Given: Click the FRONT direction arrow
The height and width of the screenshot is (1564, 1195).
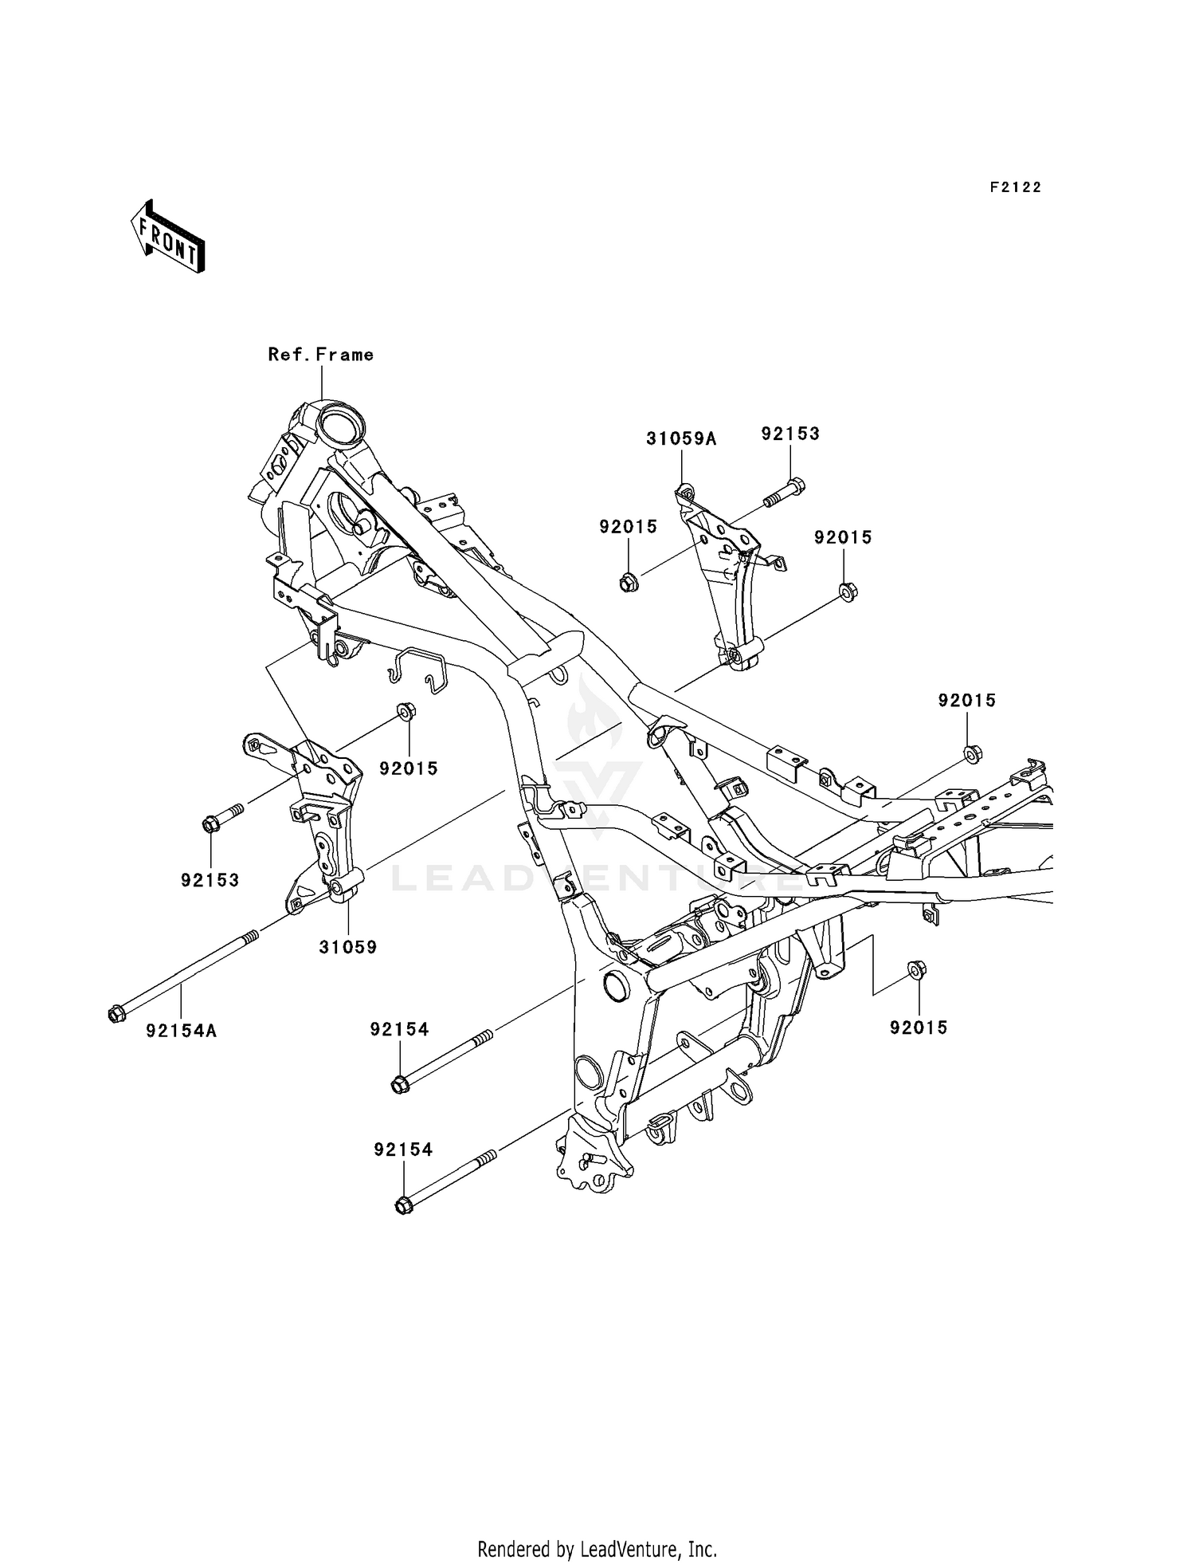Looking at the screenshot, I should click(x=168, y=238).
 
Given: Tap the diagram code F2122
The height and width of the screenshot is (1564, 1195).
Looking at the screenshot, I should click(x=1015, y=187).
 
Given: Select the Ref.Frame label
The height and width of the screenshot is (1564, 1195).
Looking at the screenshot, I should click(x=320, y=354).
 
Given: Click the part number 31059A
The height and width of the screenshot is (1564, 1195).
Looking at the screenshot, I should click(x=681, y=438).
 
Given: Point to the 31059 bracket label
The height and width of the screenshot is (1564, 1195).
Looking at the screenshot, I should click(x=347, y=947).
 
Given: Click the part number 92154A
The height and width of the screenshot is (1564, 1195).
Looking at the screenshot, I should click(x=181, y=1031).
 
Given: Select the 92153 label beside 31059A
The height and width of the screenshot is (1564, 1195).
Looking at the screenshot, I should click(x=789, y=434).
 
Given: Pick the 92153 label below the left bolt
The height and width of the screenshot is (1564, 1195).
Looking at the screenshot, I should click(x=210, y=880).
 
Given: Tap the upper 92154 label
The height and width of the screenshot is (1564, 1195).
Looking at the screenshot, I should click(x=399, y=1030).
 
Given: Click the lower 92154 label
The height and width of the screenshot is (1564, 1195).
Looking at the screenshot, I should click(x=403, y=1149).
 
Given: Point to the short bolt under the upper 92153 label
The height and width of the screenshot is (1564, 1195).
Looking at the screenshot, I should click(x=783, y=493).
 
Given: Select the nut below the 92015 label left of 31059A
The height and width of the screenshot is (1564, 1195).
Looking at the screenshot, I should click(x=628, y=583).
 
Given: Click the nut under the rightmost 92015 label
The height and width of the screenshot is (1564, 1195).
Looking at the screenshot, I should click(x=972, y=753).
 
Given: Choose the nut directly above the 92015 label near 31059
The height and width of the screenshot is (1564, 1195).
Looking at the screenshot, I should click(x=405, y=710).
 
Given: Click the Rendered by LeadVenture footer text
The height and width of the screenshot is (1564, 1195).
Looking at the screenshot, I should click(x=597, y=1549).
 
